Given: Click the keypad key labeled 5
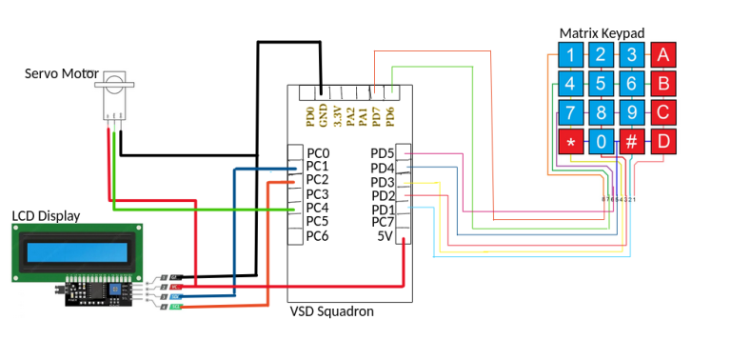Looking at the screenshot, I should (x=600, y=83).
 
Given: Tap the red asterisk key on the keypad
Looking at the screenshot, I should (x=570, y=142).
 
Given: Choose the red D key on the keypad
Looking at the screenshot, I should (x=662, y=142).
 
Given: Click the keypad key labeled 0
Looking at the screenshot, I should (x=600, y=142).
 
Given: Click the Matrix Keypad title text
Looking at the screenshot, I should (x=602, y=33).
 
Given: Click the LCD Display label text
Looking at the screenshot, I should (x=46, y=216).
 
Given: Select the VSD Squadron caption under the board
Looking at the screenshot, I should (x=331, y=311).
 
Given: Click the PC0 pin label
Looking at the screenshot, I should (x=317, y=153).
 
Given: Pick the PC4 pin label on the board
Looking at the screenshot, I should (x=317, y=208).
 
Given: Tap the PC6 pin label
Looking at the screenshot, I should (x=317, y=235).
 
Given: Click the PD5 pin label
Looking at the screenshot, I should (x=382, y=153).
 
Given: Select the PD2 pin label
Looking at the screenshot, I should (x=382, y=196).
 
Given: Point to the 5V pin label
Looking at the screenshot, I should (x=385, y=236).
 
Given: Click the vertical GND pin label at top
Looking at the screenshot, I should (x=323, y=116).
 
